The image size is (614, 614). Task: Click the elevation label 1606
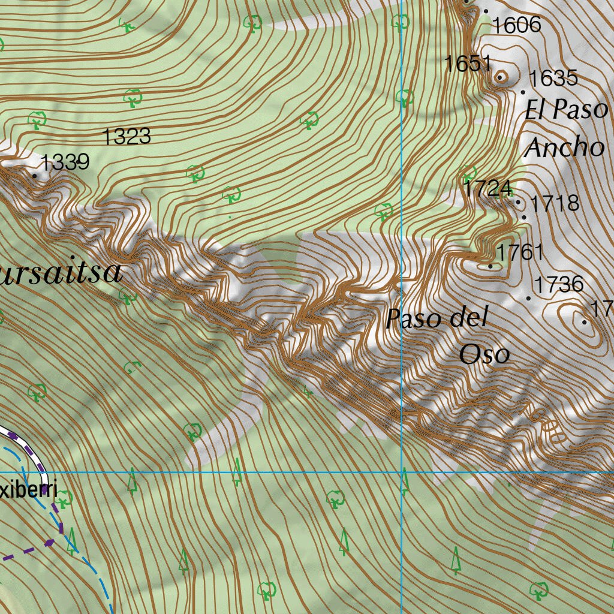(516, 25)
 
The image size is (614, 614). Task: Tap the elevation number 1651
(468, 64)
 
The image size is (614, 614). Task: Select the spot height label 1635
(553, 78)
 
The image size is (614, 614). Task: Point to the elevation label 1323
(127, 137)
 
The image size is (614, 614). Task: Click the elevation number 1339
(65, 162)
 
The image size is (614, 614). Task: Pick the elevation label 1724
(487, 189)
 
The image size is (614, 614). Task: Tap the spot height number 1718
(555, 203)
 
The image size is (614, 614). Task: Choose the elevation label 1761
(519, 252)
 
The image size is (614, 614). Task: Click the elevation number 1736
(559, 284)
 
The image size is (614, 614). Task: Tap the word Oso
(484, 354)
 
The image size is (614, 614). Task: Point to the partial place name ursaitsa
(60, 273)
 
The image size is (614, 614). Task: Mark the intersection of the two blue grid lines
(402, 472)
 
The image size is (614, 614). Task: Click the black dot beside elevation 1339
(34, 176)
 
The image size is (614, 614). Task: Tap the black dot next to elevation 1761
(490, 266)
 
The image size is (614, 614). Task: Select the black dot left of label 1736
(529, 298)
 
